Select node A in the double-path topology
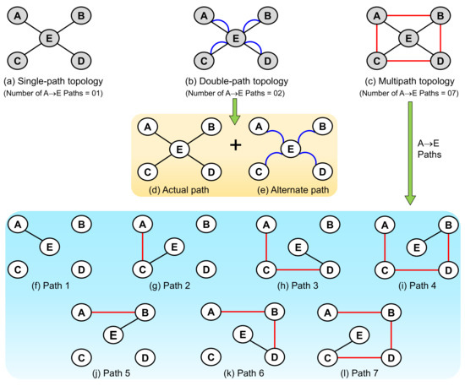(x=203, y=14)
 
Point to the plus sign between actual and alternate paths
(x=235, y=146)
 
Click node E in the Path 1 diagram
(x=51, y=247)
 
